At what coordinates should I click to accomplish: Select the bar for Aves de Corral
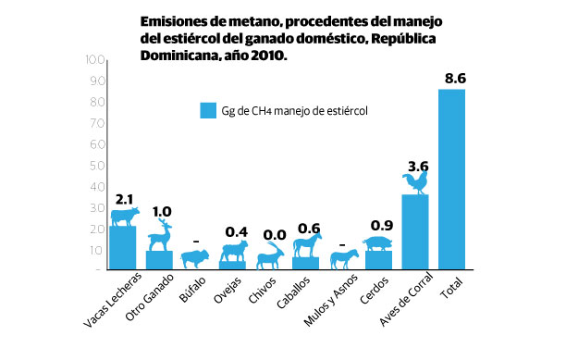pos(415,231)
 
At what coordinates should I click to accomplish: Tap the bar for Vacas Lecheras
pos(123,247)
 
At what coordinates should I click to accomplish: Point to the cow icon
pos(124,217)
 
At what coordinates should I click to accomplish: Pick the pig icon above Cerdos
pos(380,243)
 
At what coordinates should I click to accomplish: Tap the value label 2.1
pos(124,199)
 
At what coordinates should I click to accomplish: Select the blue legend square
pos(208,110)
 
